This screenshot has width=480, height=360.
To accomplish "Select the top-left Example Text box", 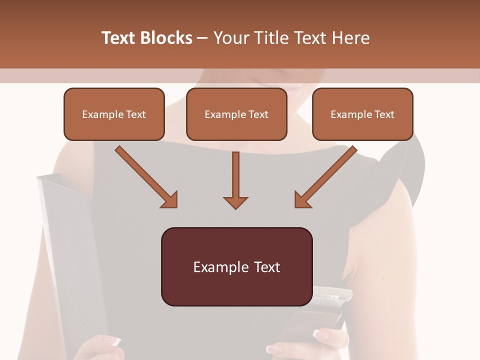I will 114,114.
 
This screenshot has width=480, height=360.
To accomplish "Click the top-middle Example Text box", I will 236,114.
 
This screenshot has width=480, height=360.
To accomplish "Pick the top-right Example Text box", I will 362,114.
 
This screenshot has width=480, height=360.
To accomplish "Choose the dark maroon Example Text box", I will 236,266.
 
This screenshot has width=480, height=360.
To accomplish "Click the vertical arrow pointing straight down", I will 235,180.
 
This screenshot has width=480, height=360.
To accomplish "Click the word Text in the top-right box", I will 384,114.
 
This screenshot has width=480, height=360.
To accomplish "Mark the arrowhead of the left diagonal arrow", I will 169,199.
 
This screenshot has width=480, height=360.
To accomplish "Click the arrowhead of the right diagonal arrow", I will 302,199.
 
